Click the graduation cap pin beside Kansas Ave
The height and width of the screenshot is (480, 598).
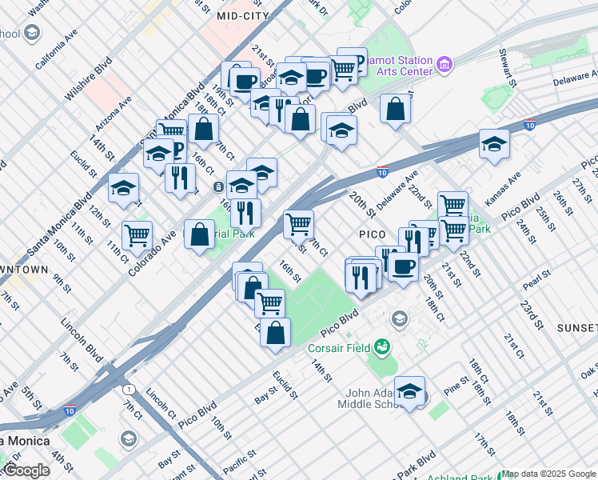tap(494, 144)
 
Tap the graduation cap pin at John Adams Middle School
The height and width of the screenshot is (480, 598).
tap(409, 390)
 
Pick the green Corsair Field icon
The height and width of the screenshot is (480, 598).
tap(383, 347)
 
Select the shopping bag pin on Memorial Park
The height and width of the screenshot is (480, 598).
tap(200, 234)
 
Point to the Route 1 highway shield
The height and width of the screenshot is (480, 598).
tap(128, 389)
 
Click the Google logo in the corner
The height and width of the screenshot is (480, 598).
tap(26, 471)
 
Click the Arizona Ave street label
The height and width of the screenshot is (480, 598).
tap(115, 114)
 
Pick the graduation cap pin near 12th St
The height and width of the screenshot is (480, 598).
tap(123, 188)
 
